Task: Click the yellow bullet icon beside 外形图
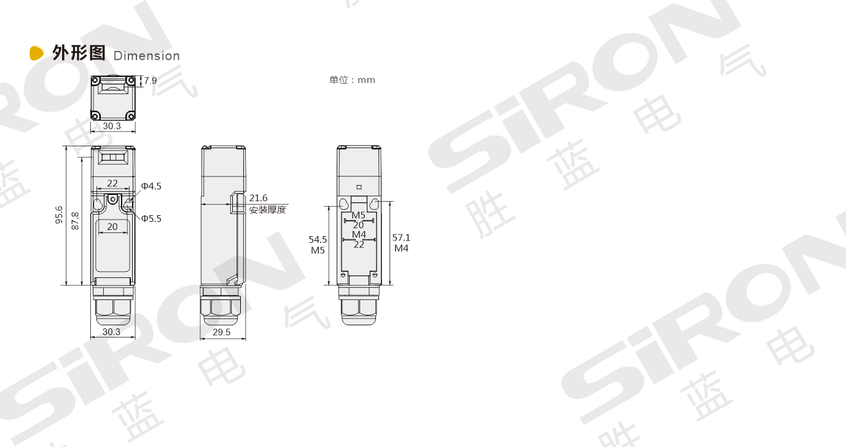point(37,53)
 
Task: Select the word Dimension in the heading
point(147,56)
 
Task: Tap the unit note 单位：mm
point(352,80)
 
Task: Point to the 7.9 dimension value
point(151,81)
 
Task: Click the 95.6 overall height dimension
point(59,215)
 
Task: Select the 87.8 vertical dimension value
point(75,221)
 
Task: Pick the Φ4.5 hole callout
point(151,186)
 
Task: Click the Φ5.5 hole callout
point(151,218)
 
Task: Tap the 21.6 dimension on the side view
point(258,198)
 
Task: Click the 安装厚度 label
point(267,210)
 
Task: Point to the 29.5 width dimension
point(222,332)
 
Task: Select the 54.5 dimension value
point(318,240)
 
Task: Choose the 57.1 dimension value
point(401,238)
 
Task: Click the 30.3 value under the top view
point(111,126)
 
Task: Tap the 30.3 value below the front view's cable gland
point(111,332)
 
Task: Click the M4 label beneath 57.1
point(401,248)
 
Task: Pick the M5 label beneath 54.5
point(318,250)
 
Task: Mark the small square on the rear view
point(359,186)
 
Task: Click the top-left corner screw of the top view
point(96,81)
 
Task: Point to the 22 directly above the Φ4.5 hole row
point(112,183)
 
